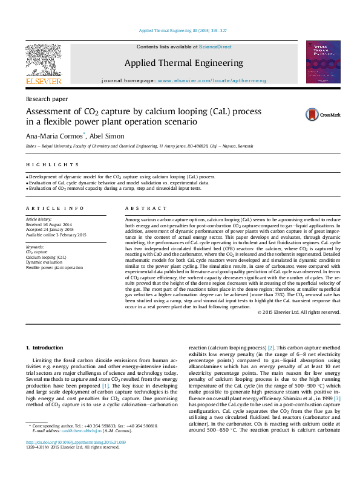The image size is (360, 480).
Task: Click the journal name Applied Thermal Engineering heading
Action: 184,63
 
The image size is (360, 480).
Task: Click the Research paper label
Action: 47,99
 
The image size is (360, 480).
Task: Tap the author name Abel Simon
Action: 112,135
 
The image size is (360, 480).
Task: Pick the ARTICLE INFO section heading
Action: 55,207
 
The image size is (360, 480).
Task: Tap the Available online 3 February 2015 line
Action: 56,235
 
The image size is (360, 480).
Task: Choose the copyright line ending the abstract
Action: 298,312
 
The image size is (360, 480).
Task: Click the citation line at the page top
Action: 183,30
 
